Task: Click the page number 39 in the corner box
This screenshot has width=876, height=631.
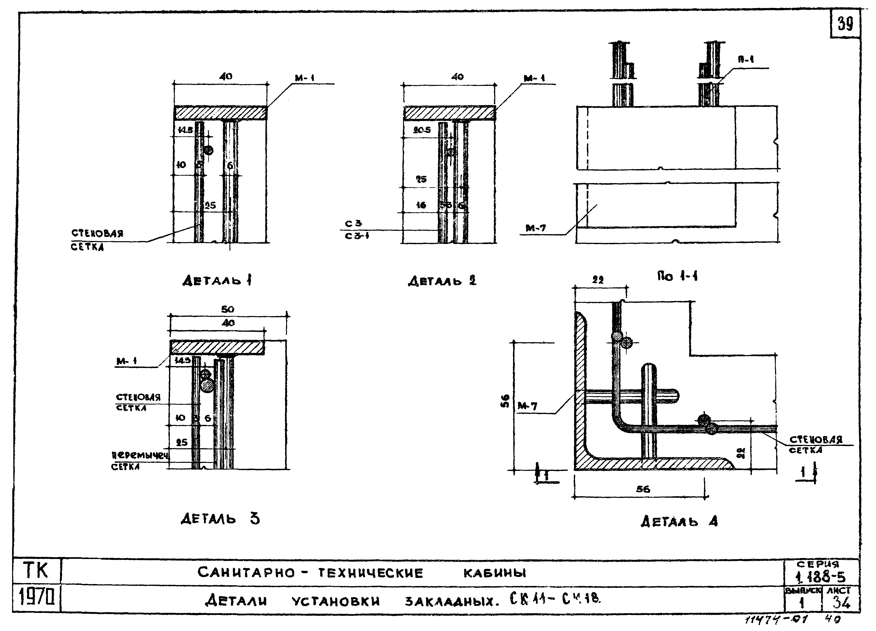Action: pos(845,24)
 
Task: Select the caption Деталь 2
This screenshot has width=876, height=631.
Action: pos(442,281)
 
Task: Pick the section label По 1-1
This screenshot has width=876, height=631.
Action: pos(677,276)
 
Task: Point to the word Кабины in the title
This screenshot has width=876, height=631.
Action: pos(494,573)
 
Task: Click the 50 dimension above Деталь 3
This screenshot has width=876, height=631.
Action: pos(228,310)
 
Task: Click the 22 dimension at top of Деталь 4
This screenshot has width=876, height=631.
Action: pos(598,280)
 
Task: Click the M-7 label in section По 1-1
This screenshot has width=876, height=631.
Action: pos(536,228)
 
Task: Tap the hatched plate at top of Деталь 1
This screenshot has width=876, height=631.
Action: pos(220,113)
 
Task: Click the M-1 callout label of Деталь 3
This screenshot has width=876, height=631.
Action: pos(126,361)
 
